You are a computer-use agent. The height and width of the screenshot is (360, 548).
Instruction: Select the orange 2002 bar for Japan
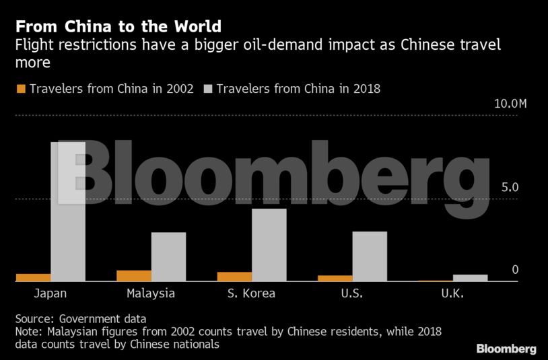coord(33,277)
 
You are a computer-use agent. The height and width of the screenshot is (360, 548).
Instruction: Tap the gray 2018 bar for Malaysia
coord(168,256)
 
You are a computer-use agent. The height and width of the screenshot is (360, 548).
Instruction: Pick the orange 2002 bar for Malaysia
coord(134,276)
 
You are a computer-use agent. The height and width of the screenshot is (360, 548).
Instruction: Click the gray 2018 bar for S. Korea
coord(269,245)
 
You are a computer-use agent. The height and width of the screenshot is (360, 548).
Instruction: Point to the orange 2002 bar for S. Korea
coord(234,277)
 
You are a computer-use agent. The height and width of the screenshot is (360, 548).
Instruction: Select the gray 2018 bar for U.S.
coord(370,256)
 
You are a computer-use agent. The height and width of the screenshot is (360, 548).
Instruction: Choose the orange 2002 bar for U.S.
coord(335,278)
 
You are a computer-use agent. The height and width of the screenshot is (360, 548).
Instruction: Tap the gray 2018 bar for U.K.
coord(470,278)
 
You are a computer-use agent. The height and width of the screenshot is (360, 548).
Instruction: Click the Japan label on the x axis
coord(50,294)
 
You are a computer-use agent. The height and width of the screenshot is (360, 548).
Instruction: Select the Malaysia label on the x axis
coord(151,294)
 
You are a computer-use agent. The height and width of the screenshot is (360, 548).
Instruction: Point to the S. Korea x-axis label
coord(251,294)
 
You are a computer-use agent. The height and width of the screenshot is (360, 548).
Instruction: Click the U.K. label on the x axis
coord(452,294)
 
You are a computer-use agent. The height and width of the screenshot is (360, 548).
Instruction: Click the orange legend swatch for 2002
coord(20,89)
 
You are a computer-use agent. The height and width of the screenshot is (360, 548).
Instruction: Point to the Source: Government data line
coord(80,319)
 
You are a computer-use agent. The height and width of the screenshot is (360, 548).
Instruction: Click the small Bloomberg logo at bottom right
coord(506,349)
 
